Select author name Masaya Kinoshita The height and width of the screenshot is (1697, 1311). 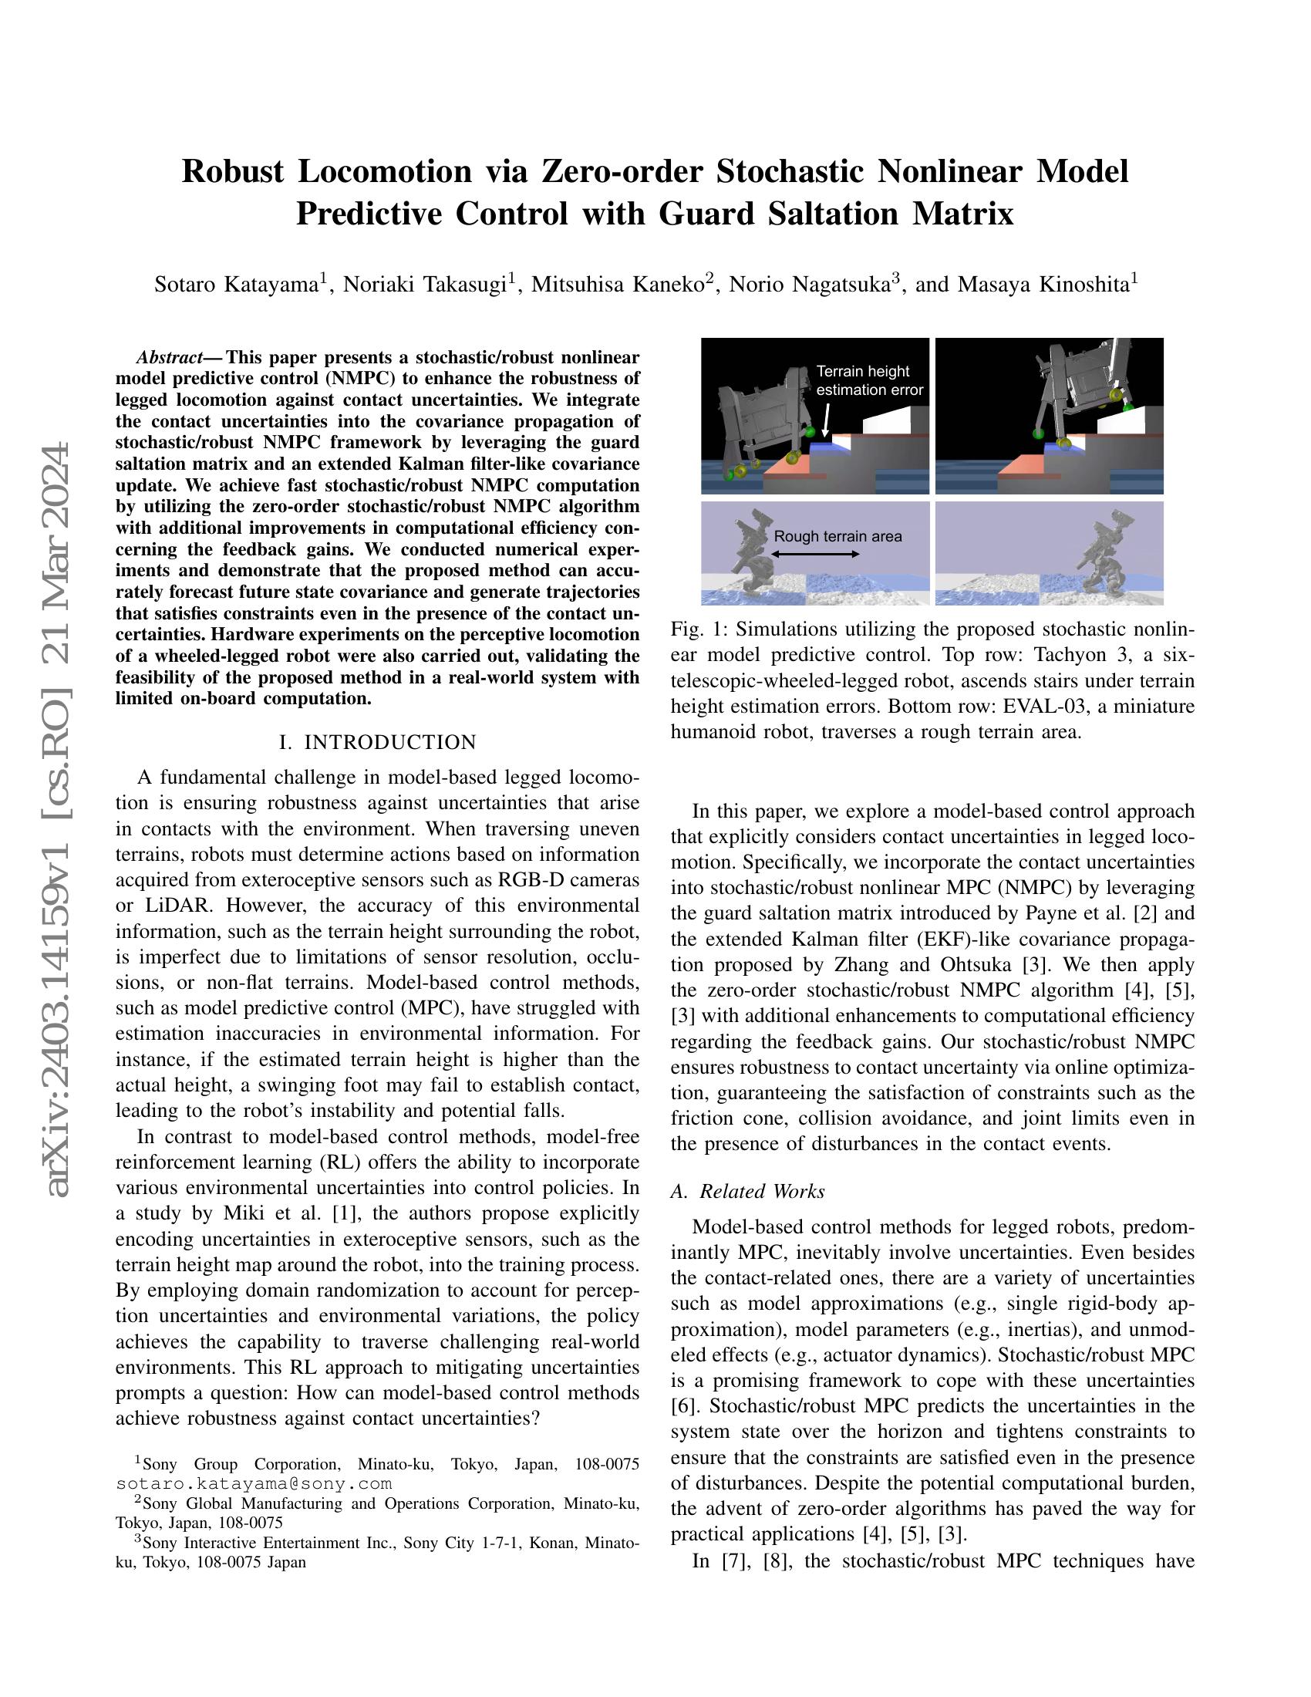(1042, 285)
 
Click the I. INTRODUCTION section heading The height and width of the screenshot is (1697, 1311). (377, 742)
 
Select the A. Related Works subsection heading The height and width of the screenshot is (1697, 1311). (747, 1191)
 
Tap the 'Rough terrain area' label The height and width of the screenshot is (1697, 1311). (837, 536)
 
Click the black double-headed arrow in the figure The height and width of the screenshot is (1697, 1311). (814, 554)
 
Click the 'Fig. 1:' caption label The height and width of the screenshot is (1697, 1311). (694, 629)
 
